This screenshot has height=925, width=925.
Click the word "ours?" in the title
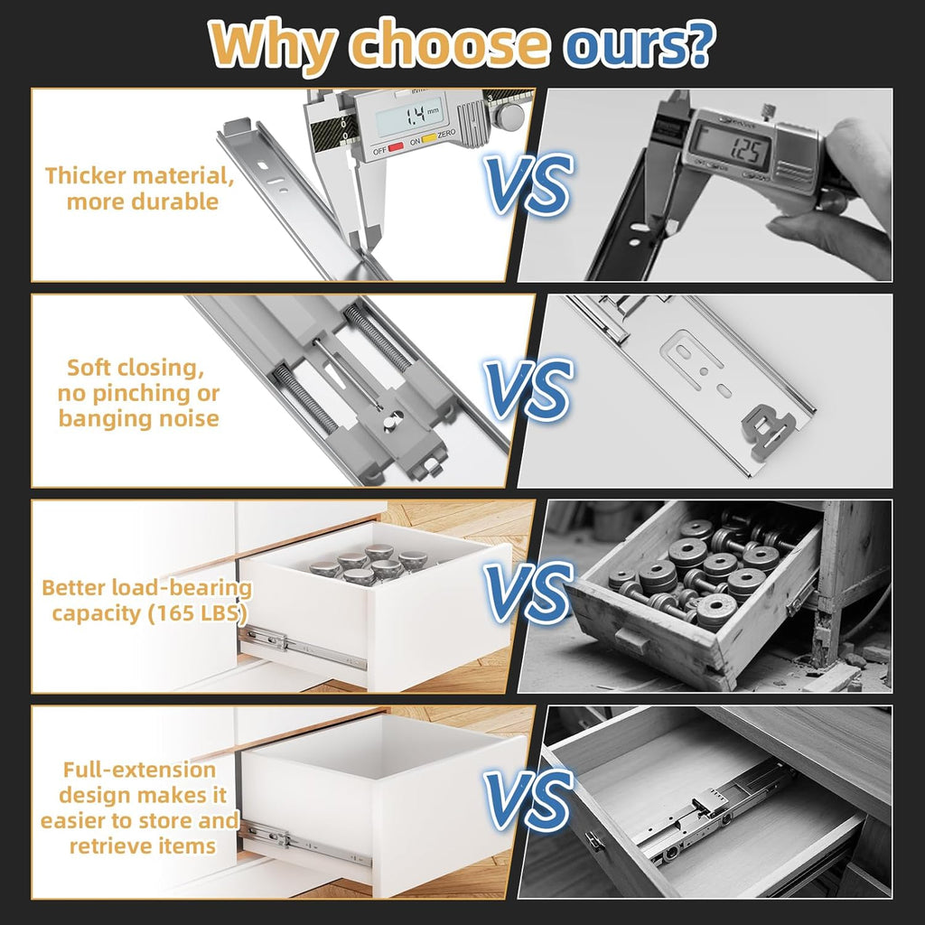[x=639, y=44]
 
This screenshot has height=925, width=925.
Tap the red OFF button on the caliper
[x=396, y=146]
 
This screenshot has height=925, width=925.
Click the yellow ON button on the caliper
[x=429, y=138]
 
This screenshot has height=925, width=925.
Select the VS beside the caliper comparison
[x=528, y=183]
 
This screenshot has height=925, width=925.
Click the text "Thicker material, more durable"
[x=140, y=189]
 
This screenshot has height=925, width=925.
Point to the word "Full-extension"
[x=139, y=770]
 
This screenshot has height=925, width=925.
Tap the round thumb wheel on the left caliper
[x=508, y=116]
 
